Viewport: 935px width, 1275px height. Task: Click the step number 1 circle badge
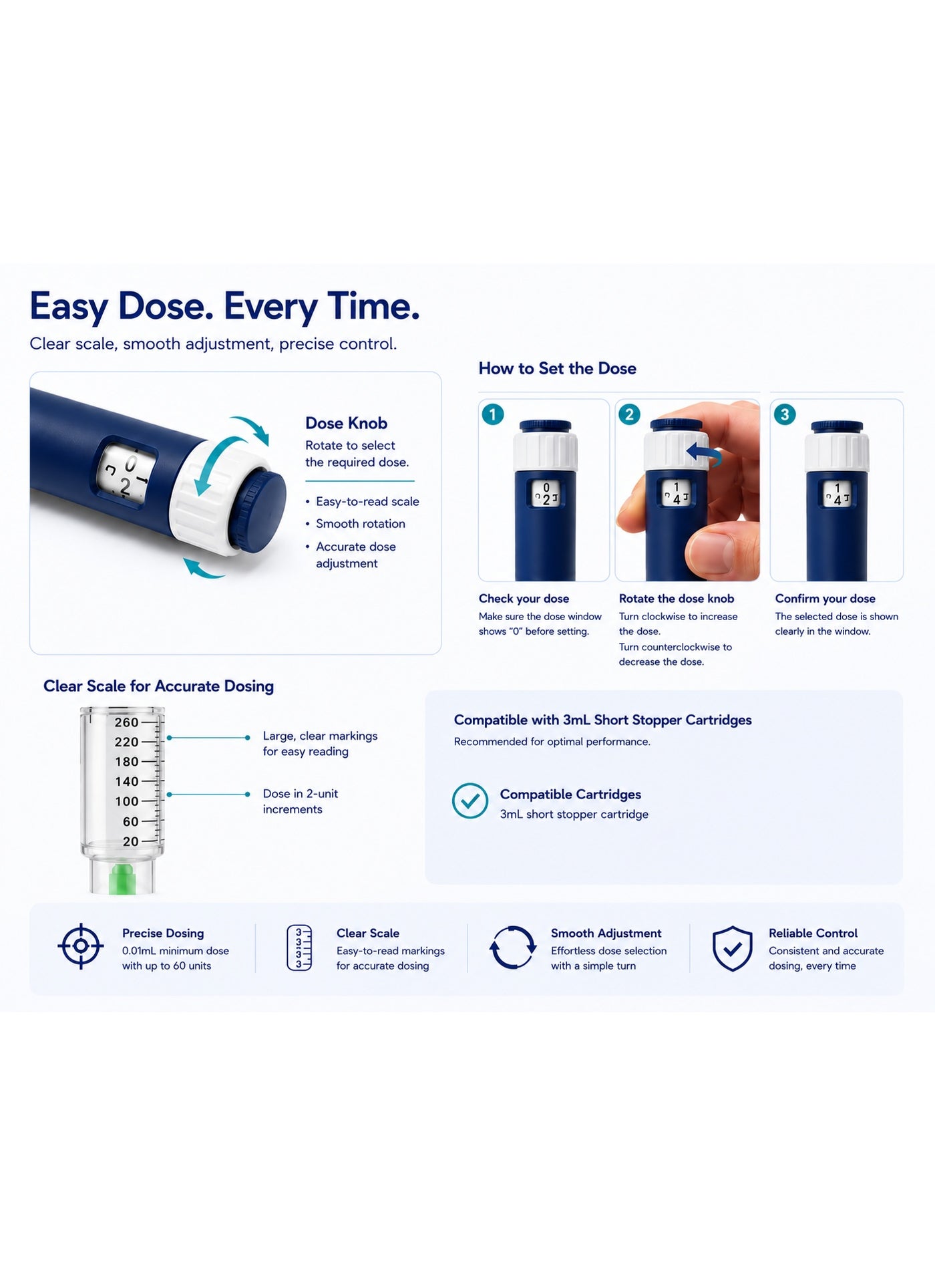click(x=493, y=414)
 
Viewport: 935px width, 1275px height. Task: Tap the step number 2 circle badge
click(x=629, y=414)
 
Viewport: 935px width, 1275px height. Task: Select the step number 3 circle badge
click(x=785, y=414)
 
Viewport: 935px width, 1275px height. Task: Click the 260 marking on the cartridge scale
click(x=126, y=722)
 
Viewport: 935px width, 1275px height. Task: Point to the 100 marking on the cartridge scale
click(x=126, y=801)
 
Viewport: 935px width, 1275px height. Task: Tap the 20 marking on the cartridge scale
click(x=130, y=841)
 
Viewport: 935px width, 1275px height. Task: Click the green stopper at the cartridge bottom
click(x=122, y=878)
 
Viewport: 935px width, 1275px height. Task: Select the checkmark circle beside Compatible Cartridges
click(x=470, y=801)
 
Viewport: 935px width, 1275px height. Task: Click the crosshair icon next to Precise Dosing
click(x=81, y=946)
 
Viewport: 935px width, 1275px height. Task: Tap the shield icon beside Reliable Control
click(x=733, y=948)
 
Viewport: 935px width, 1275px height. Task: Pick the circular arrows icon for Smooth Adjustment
click(x=513, y=947)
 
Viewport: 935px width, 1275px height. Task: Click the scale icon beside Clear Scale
click(x=299, y=948)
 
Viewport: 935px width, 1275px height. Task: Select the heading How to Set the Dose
click(x=557, y=368)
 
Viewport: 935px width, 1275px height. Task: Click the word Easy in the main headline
click(x=69, y=307)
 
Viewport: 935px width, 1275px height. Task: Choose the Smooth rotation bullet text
click(x=361, y=524)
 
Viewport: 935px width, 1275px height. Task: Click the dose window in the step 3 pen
click(x=837, y=494)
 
